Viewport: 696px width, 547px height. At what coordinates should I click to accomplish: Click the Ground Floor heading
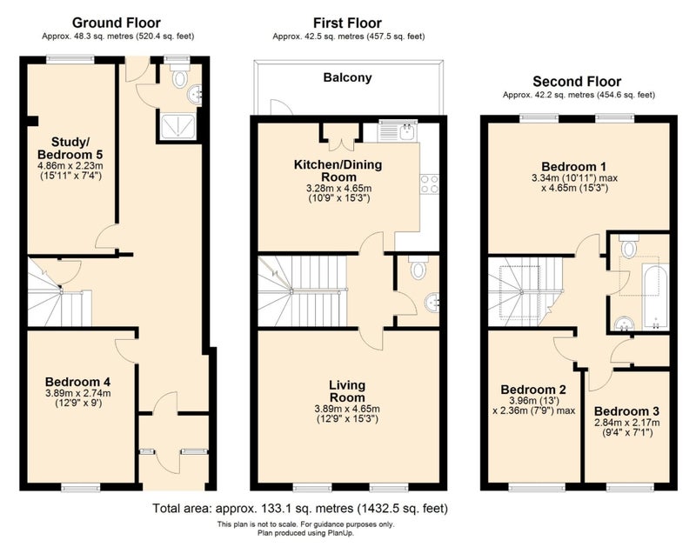[x=117, y=23]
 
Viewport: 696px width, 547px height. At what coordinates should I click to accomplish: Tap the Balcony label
[x=347, y=77]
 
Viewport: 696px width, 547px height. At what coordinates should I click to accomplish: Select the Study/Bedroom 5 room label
[x=70, y=148]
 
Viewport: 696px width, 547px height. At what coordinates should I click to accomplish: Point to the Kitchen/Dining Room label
[x=338, y=170]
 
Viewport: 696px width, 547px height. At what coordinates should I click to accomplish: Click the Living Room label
[x=347, y=391]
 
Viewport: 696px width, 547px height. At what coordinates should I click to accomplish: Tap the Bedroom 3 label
[x=626, y=411]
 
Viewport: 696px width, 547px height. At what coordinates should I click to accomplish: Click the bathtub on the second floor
[x=655, y=297]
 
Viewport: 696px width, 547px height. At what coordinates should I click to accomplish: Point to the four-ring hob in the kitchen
[x=430, y=184]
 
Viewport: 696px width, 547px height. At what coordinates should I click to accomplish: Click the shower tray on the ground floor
[x=177, y=127]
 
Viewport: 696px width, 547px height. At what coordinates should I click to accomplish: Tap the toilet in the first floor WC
[x=418, y=267]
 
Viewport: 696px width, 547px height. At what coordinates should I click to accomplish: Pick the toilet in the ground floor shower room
[x=179, y=76]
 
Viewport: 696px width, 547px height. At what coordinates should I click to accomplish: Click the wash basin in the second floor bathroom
[x=625, y=324]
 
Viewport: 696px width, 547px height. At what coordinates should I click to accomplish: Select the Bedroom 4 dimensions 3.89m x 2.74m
[x=78, y=393]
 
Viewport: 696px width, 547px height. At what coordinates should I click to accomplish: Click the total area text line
[x=300, y=508]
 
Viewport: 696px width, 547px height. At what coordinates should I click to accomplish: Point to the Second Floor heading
[x=577, y=82]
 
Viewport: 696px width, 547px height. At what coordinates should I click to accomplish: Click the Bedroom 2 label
[x=533, y=390]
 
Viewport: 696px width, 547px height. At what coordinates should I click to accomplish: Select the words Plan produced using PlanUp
[x=305, y=533]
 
